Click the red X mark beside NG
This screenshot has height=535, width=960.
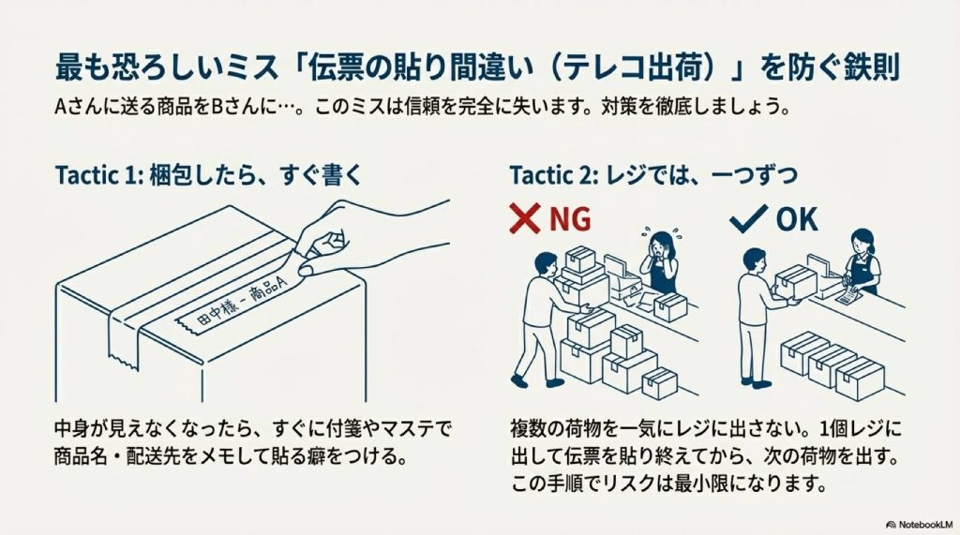[525, 219]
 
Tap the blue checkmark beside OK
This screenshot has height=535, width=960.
[747, 218]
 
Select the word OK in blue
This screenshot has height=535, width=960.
[796, 219]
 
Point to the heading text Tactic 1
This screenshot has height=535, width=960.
[96, 175]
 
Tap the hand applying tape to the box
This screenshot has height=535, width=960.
[375, 234]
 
